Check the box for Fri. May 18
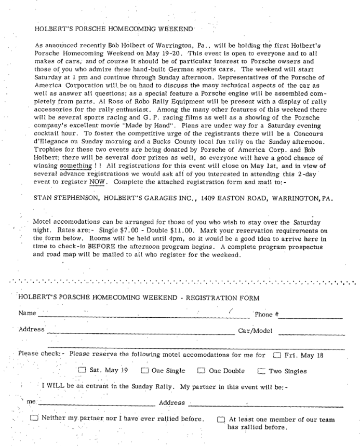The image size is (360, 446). [x=277, y=355]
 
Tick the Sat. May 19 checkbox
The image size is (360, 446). [x=82, y=371]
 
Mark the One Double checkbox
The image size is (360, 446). [x=201, y=371]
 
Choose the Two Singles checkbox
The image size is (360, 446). [x=261, y=371]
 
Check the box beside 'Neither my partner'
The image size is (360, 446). [x=34, y=418]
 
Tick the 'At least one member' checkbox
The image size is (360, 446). [x=221, y=420]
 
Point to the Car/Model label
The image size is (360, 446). [x=255, y=330]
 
